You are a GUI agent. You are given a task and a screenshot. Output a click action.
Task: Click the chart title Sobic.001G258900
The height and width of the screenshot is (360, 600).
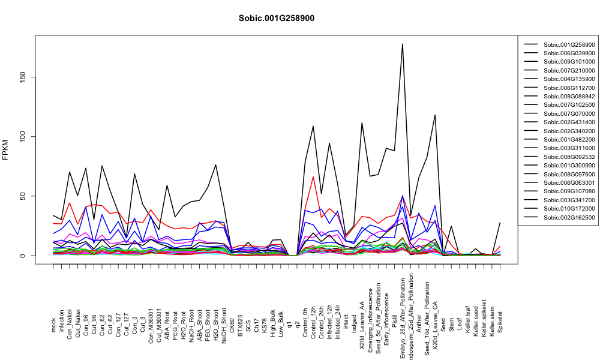[x=276, y=19]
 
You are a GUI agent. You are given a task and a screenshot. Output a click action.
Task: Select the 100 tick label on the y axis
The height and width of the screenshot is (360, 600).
[x=23, y=137]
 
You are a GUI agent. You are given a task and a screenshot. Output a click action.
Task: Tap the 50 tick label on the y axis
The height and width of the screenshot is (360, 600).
[x=23, y=196]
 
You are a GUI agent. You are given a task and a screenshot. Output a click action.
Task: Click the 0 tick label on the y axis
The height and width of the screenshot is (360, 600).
[x=23, y=256]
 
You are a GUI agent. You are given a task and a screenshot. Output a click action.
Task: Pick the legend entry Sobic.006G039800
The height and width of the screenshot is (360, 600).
[x=569, y=53]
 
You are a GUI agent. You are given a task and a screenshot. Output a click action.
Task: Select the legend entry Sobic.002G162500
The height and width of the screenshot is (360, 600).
[x=569, y=218]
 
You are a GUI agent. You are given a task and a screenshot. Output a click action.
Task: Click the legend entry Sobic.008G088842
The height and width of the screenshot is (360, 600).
[x=569, y=97]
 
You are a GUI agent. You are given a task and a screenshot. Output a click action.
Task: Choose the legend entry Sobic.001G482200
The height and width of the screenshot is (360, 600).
[x=569, y=140]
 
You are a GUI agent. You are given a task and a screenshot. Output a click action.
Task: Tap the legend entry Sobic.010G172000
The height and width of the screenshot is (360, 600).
[x=569, y=209]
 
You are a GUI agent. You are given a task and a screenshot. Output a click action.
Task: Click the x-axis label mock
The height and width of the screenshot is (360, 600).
[x=53, y=326]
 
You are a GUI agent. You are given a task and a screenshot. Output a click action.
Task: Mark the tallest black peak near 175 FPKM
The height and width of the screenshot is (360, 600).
[x=402, y=44]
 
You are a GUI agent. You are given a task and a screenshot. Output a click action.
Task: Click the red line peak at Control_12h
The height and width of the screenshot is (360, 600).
[x=313, y=177]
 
